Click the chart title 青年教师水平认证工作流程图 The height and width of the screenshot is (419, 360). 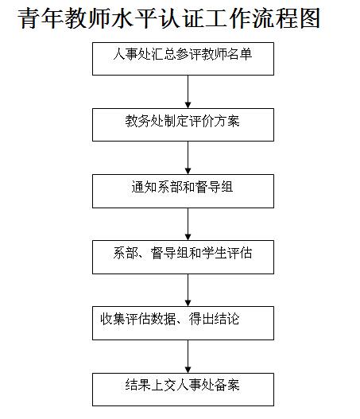pyautogui.click(x=168, y=18)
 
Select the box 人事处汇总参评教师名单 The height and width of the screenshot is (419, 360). pyautogui.click(x=183, y=59)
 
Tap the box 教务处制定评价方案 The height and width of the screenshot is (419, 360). pyautogui.click(x=183, y=125)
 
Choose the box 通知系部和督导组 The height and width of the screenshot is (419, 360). pyautogui.click(x=183, y=191)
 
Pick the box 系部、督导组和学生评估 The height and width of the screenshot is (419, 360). pyautogui.click(x=183, y=257)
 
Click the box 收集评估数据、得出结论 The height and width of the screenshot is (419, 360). pyautogui.click(x=183, y=323)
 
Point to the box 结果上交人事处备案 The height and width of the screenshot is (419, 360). pyautogui.click(x=183, y=390)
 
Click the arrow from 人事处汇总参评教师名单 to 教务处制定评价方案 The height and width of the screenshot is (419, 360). pyautogui.click(x=188, y=91)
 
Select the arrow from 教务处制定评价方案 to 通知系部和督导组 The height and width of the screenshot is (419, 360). pyautogui.click(x=188, y=157)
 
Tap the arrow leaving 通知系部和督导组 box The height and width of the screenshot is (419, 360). pyautogui.click(x=188, y=224)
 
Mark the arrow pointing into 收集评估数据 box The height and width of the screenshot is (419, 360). pyautogui.click(x=188, y=290)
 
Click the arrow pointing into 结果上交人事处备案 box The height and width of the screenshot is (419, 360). pyautogui.click(x=188, y=356)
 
